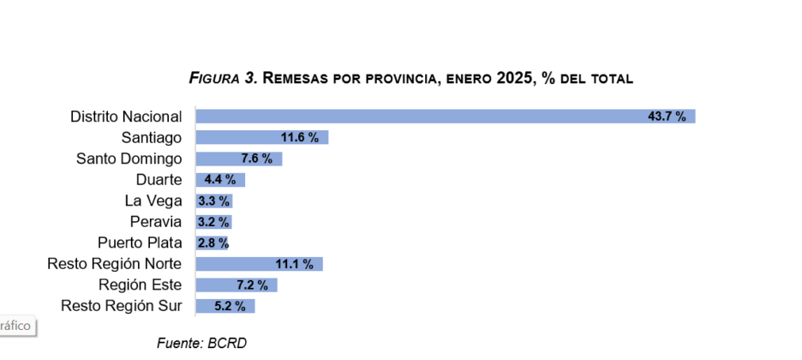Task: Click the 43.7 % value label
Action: point(667,117)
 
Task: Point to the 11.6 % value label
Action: point(300,138)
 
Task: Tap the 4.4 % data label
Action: point(220,180)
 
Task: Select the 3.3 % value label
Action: point(213,201)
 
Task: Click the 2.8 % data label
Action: point(212,243)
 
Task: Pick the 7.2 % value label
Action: point(251,285)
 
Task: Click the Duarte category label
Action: point(159,180)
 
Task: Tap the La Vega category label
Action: point(153,201)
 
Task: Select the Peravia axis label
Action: point(156,222)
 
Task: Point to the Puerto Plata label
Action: point(140,243)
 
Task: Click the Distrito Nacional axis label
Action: point(126,117)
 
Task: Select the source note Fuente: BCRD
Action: point(201,343)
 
